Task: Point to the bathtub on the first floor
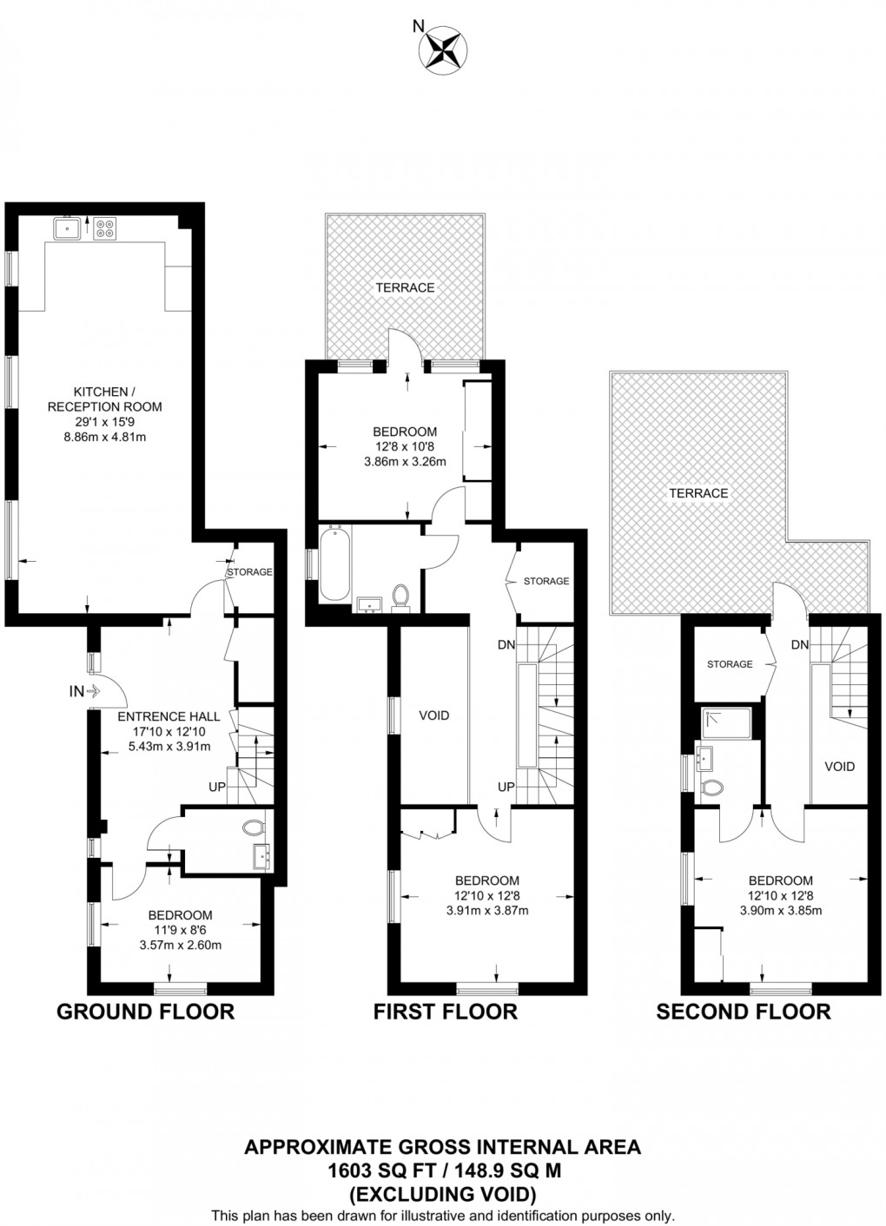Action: tap(334, 564)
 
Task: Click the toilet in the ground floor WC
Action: tap(255, 827)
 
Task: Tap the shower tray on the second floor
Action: tap(728, 724)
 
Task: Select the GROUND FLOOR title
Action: tap(145, 1012)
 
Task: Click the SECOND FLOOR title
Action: tap(743, 1012)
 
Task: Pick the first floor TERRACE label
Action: tap(405, 287)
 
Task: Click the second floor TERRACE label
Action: tap(698, 493)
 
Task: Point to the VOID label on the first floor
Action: tap(434, 715)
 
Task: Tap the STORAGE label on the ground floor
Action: tap(249, 572)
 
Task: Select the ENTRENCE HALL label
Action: tap(169, 716)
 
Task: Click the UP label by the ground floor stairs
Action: tap(217, 787)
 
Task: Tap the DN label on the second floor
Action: tap(800, 644)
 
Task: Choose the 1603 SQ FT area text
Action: tap(442, 1170)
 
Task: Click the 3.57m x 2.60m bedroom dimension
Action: tap(180, 946)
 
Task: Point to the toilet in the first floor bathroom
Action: tap(400, 597)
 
